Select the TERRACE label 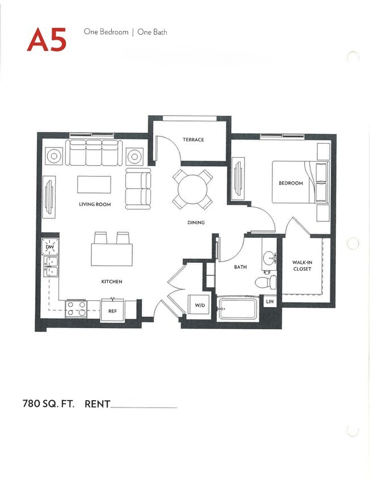(x=193, y=140)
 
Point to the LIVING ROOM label (x=95, y=204)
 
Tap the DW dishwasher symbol (x=49, y=247)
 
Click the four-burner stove (x=76, y=308)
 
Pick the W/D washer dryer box (x=200, y=305)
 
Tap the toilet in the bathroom (x=266, y=282)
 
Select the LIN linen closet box (x=270, y=301)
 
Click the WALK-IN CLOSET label (x=302, y=266)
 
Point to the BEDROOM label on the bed (x=290, y=183)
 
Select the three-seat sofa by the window (x=93, y=152)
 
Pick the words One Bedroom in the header (x=106, y=32)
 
